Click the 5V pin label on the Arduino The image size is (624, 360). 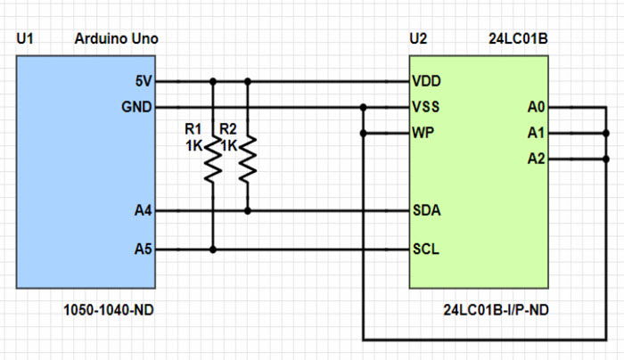pos(144,81)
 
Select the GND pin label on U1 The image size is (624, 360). pos(138,108)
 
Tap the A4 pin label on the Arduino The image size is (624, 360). pos(143,211)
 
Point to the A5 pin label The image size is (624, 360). pos(143,250)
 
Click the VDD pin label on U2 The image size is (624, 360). pos(427,81)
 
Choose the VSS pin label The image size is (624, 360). pos(426,108)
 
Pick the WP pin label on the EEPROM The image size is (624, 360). pos(423,134)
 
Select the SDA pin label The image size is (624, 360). pos(426,211)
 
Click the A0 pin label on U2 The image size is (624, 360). pos(536,108)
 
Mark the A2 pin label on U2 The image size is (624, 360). pos(536,160)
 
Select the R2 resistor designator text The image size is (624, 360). pos(228,128)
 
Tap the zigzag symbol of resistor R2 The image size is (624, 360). pos(248,159)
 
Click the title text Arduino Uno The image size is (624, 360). pos(116,39)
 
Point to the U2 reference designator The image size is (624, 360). pos(417,39)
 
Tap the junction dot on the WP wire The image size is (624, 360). pos(364,134)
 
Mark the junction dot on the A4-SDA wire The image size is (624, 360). pos(248,211)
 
